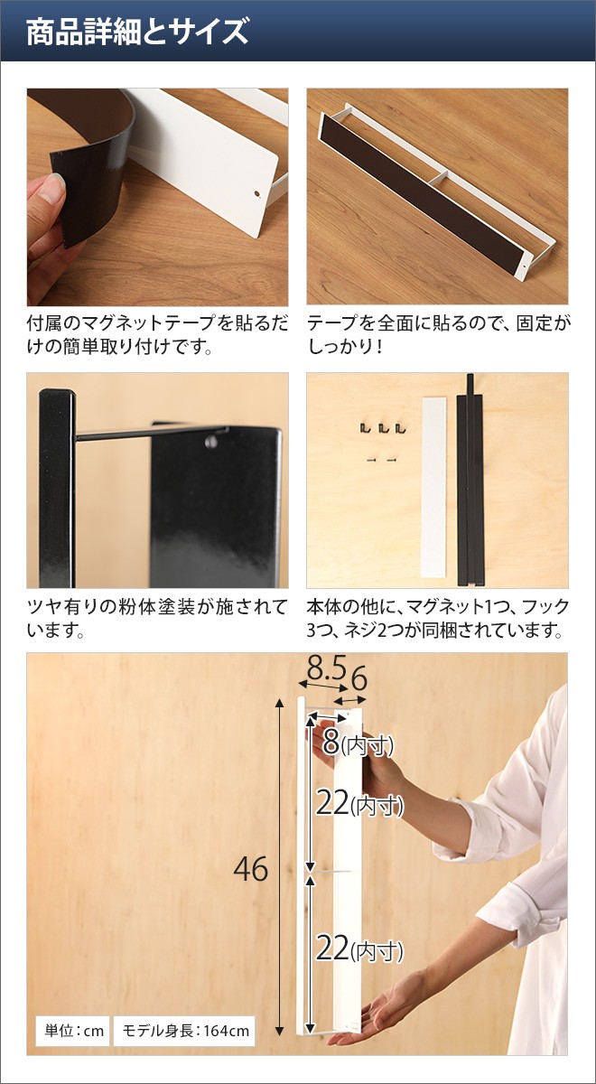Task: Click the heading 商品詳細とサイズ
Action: pos(137,32)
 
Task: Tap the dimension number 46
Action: pos(251,869)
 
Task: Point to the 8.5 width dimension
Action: pos(327,669)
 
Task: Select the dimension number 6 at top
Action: pos(359,680)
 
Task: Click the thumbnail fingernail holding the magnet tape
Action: pos(53,188)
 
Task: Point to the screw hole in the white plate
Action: pos(256,194)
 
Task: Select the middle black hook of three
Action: pos(383,428)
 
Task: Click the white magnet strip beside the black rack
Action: pos(433,487)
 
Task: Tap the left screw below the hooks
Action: pos(371,459)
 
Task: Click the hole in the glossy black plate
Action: pos(211,442)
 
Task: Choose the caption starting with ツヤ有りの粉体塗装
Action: pos(157,619)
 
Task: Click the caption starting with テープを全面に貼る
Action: pos(439,334)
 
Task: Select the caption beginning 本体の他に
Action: pos(438,619)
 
